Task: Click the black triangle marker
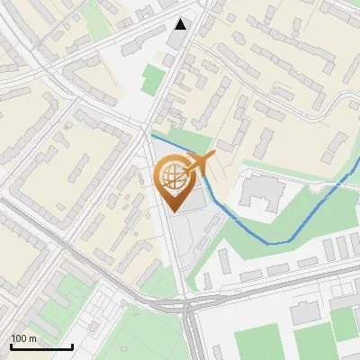click(181, 24)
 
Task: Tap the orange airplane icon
click(199, 163)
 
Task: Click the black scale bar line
click(41, 346)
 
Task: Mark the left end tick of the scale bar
click(11, 345)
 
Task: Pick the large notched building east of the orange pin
click(259, 192)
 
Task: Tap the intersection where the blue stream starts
click(151, 134)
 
